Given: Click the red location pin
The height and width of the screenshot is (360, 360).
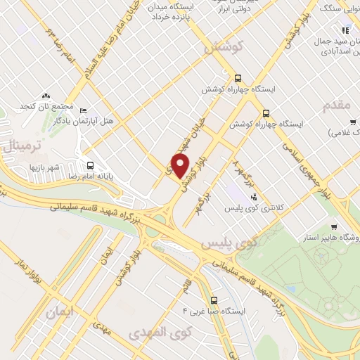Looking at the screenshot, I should coord(181,166).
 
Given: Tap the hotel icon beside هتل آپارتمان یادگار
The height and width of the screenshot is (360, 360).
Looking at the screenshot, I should coord(84,111).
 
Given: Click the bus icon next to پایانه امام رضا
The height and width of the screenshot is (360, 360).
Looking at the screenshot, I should coord(89,166).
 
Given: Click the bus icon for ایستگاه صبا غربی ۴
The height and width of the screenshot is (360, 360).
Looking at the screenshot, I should coord(214,297).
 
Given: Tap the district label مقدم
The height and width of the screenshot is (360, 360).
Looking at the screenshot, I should coord(335,105).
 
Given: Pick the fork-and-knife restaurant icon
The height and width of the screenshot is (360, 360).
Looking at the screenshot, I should coord(345,30).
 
